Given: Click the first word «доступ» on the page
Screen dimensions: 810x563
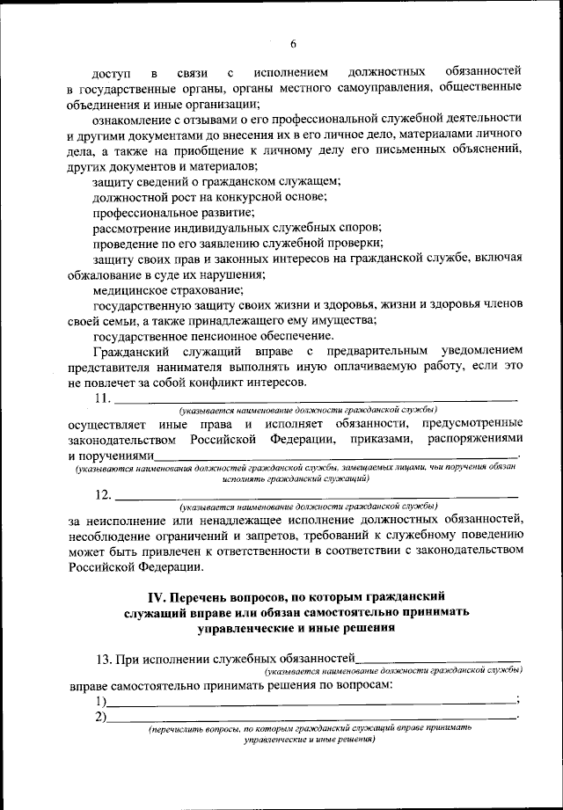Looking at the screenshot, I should click(x=112, y=72).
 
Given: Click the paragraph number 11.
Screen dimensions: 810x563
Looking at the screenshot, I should click(x=102, y=399).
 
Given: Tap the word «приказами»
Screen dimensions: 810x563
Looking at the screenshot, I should click(x=380, y=439).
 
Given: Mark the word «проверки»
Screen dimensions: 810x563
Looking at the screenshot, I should click(x=355, y=241).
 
